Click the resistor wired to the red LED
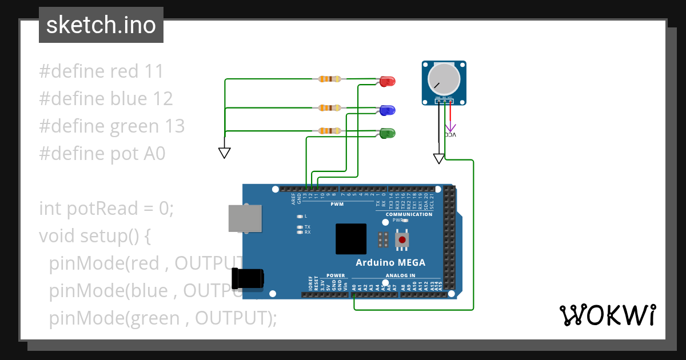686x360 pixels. (329, 79)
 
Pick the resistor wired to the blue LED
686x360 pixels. (329, 107)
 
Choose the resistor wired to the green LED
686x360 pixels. (329, 131)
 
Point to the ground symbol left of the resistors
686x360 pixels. (224, 153)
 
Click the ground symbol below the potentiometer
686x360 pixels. (438, 158)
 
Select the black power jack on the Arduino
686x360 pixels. (248, 278)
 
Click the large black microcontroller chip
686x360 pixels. (351, 239)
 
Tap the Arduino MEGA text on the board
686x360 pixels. (390, 263)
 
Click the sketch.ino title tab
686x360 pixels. (101, 25)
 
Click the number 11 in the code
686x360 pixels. (154, 71)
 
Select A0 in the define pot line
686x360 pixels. (153, 154)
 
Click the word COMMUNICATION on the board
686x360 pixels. (409, 214)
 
